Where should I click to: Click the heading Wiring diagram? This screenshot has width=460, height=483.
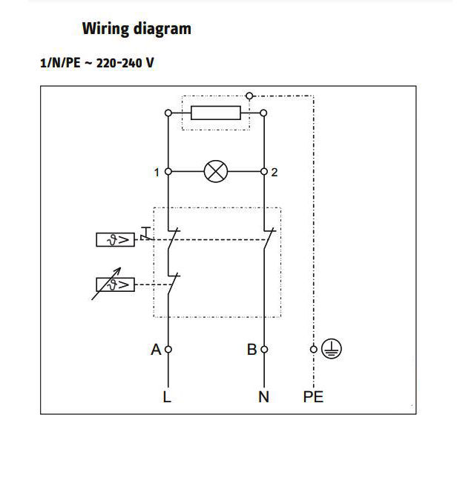pyautogui.click(x=136, y=29)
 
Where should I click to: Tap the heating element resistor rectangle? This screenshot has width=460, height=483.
pyautogui.click(x=216, y=113)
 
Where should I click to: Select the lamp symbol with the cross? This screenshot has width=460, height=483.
pyautogui.click(x=216, y=172)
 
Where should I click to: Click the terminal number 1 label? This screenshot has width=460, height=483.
pyautogui.click(x=157, y=173)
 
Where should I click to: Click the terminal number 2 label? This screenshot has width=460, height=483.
pyautogui.click(x=275, y=173)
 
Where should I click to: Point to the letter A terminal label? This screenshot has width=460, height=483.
pyautogui.click(x=156, y=349)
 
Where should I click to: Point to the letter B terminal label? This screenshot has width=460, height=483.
pyautogui.click(x=252, y=349)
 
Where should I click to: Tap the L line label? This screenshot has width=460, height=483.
pyautogui.click(x=167, y=397)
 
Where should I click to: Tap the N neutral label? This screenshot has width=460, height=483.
pyautogui.click(x=263, y=397)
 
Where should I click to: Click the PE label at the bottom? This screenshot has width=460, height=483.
pyautogui.click(x=313, y=397)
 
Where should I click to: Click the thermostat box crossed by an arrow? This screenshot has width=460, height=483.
pyautogui.click(x=115, y=284)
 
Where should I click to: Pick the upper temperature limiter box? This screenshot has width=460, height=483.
pyautogui.click(x=115, y=239)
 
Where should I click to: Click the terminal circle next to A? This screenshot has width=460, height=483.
pyautogui.click(x=168, y=349)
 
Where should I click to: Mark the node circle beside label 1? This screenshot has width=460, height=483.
pyautogui.click(x=168, y=172)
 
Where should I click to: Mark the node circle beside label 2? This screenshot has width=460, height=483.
pyautogui.click(x=264, y=172)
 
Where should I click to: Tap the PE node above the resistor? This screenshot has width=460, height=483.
pyautogui.click(x=249, y=96)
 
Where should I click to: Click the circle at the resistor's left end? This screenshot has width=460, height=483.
pyautogui.click(x=168, y=113)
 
